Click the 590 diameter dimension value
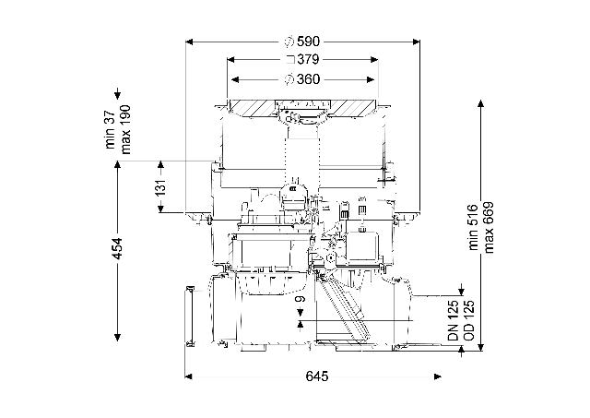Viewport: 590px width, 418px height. [x=308, y=42]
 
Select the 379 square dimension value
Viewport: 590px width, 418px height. [x=308, y=59]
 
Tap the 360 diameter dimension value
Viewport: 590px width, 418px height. [x=308, y=79]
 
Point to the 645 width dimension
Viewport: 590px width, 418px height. [x=317, y=376]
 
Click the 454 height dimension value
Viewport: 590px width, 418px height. [x=118, y=248]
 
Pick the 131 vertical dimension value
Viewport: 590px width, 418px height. [x=160, y=187]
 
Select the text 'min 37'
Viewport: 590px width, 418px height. [x=110, y=130]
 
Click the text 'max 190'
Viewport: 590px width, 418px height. [x=125, y=129]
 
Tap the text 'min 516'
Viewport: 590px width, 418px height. [x=473, y=227]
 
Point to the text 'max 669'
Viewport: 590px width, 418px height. [x=489, y=228]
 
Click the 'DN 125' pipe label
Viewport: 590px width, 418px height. [x=454, y=320]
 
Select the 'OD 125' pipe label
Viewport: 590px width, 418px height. [x=469, y=320]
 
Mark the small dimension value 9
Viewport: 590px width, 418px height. [x=300, y=299]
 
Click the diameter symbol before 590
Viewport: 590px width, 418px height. [x=289, y=42]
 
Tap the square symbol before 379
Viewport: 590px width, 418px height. [x=290, y=59]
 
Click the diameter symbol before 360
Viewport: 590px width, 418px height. [x=289, y=79]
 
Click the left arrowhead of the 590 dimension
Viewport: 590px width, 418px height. [x=189, y=42]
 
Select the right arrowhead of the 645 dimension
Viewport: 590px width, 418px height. [x=438, y=376]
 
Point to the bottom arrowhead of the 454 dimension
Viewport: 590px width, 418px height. [x=118, y=337]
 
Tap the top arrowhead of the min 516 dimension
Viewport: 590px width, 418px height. [x=480, y=103]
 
